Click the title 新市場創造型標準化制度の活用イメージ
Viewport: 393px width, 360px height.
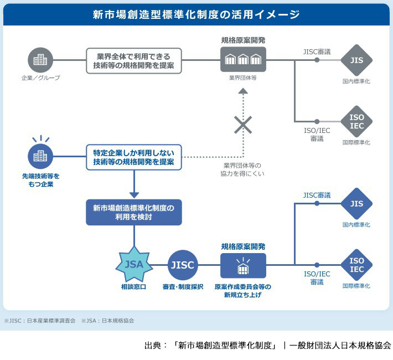(196, 14)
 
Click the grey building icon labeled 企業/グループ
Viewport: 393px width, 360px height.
(40, 60)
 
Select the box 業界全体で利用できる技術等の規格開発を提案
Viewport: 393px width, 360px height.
(134, 60)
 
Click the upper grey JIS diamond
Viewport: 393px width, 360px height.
(356, 60)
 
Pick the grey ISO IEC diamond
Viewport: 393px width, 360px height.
(356, 121)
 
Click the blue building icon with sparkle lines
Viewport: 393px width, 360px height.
(40, 156)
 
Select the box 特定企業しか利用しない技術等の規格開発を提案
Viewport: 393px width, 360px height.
(134, 157)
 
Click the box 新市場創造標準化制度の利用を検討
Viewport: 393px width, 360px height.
(134, 213)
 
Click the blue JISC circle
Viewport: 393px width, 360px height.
(183, 265)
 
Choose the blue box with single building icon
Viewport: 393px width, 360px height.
(243, 266)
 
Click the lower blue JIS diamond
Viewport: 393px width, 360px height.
(356, 204)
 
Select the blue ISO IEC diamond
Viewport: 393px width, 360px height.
(356, 265)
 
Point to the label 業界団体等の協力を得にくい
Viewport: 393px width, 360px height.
(242, 169)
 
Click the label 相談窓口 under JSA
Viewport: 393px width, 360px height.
(134, 287)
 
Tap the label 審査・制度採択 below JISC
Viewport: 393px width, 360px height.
(183, 287)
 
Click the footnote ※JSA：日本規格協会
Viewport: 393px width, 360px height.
(107, 320)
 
